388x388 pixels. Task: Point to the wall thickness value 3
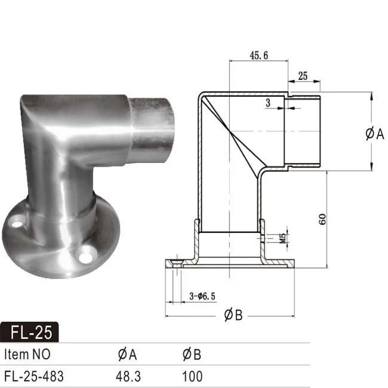268,103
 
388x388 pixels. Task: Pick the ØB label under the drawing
233,316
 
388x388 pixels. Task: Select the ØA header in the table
128,354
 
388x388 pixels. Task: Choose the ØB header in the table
192,354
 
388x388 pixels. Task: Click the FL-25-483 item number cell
33,376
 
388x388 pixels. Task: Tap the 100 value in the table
192,376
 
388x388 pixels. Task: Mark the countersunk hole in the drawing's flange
177,262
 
